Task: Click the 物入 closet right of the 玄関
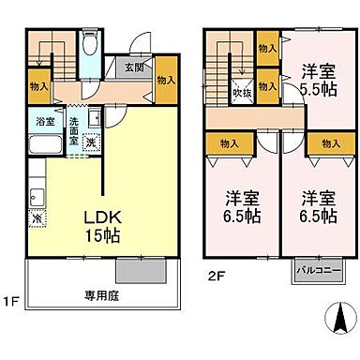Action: tap(166, 82)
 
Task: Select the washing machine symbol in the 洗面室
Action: tap(90, 142)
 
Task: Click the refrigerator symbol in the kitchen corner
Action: tap(36, 218)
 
